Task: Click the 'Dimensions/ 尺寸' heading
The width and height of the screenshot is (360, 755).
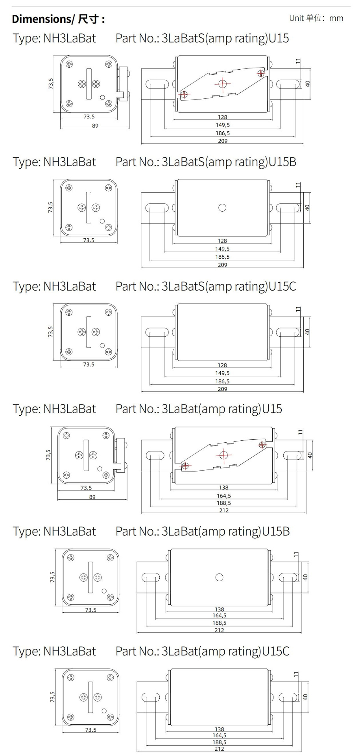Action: (58, 19)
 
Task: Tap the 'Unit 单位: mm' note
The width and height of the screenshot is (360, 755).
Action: (316, 18)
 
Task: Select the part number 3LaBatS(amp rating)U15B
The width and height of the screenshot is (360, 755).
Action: (206, 162)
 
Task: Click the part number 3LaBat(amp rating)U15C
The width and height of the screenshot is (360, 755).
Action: (202, 651)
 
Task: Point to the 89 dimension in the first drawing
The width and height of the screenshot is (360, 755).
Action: (95, 126)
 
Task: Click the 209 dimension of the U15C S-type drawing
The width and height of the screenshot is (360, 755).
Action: (222, 389)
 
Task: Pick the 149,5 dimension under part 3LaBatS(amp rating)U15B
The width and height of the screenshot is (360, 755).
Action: (222, 249)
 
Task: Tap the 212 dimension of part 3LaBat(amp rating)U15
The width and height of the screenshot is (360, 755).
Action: (224, 510)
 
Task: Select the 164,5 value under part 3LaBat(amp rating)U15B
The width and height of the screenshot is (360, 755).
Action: (219, 616)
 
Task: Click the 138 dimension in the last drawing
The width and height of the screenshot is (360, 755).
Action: (219, 729)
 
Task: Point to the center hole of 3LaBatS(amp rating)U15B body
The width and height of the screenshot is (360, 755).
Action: (222, 208)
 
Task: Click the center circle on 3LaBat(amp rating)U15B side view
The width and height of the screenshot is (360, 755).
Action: (220, 577)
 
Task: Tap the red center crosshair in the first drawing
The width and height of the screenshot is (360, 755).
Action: (223, 84)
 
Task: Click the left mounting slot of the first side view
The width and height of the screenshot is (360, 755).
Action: (157, 84)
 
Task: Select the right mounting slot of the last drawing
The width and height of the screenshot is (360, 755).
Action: (288, 697)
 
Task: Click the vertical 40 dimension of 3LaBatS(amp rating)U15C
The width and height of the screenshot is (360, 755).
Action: (307, 332)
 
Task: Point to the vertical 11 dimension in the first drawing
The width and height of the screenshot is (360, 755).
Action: (298, 61)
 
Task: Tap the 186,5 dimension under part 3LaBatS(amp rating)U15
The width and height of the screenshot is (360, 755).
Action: (222, 133)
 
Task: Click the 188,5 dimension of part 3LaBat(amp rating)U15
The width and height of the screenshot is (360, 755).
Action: (224, 503)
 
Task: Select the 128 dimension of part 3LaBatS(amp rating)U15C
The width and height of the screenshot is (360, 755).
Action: (222, 365)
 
